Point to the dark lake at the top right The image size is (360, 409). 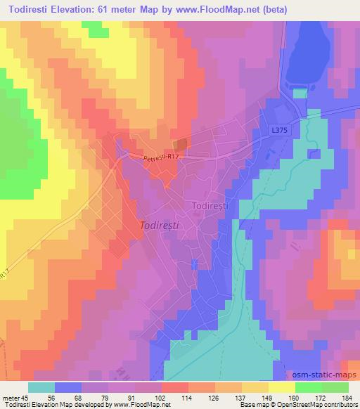pyautogui.click(x=308, y=49)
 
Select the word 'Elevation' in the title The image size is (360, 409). pyautogui.click(x=77, y=8)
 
